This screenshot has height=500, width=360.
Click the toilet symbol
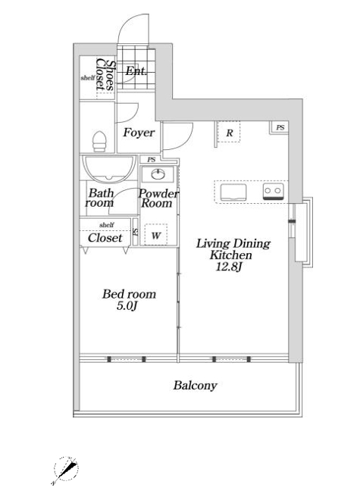click(99, 141)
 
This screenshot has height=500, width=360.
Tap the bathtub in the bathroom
click(109, 169)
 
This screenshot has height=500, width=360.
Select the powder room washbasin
click(158, 174)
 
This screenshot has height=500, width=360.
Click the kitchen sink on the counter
click(233, 192)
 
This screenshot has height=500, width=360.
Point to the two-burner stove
click(274, 192)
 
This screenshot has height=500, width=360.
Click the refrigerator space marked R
click(229, 133)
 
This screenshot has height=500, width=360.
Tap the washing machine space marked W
click(156, 235)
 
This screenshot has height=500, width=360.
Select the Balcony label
click(195, 386)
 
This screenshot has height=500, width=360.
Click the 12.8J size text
click(229, 267)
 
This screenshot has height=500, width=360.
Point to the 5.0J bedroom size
click(127, 306)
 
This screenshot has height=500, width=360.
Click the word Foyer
click(139, 133)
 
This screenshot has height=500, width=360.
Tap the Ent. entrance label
click(136, 71)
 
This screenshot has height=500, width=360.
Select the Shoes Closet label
click(105, 74)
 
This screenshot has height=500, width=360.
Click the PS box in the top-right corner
click(280, 127)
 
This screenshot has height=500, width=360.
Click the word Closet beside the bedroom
click(105, 238)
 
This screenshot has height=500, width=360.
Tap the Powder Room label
click(158, 198)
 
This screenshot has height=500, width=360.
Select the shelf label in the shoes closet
click(87, 77)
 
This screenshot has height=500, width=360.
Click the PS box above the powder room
click(152, 159)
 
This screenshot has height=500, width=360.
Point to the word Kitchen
click(230, 255)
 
